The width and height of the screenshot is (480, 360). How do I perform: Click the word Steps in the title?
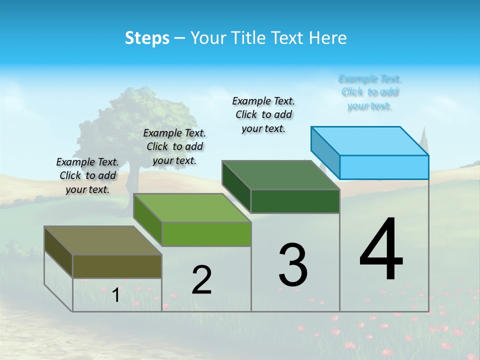[x=147, y=38]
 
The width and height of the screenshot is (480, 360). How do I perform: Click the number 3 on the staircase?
[x=293, y=265]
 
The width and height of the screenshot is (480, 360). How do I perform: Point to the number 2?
[x=202, y=280]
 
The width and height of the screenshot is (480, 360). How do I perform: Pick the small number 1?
[x=116, y=295]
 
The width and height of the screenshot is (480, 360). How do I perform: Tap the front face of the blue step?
[x=384, y=167]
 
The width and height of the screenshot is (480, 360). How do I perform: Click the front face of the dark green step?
[x=295, y=201]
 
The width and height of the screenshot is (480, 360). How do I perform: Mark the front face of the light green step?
[x=206, y=234]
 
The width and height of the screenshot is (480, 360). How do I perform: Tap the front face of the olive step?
[x=117, y=266]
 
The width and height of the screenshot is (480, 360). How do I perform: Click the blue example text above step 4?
[x=370, y=92]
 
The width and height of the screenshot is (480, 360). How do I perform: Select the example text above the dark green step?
[x=264, y=114]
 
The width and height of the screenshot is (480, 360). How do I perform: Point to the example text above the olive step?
[x=87, y=175]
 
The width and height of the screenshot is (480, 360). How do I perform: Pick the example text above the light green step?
[x=174, y=146]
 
